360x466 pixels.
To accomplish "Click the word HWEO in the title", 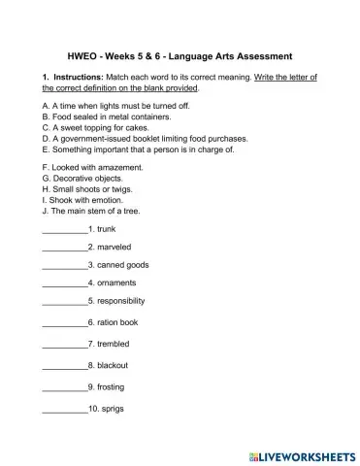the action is click(84, 55).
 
